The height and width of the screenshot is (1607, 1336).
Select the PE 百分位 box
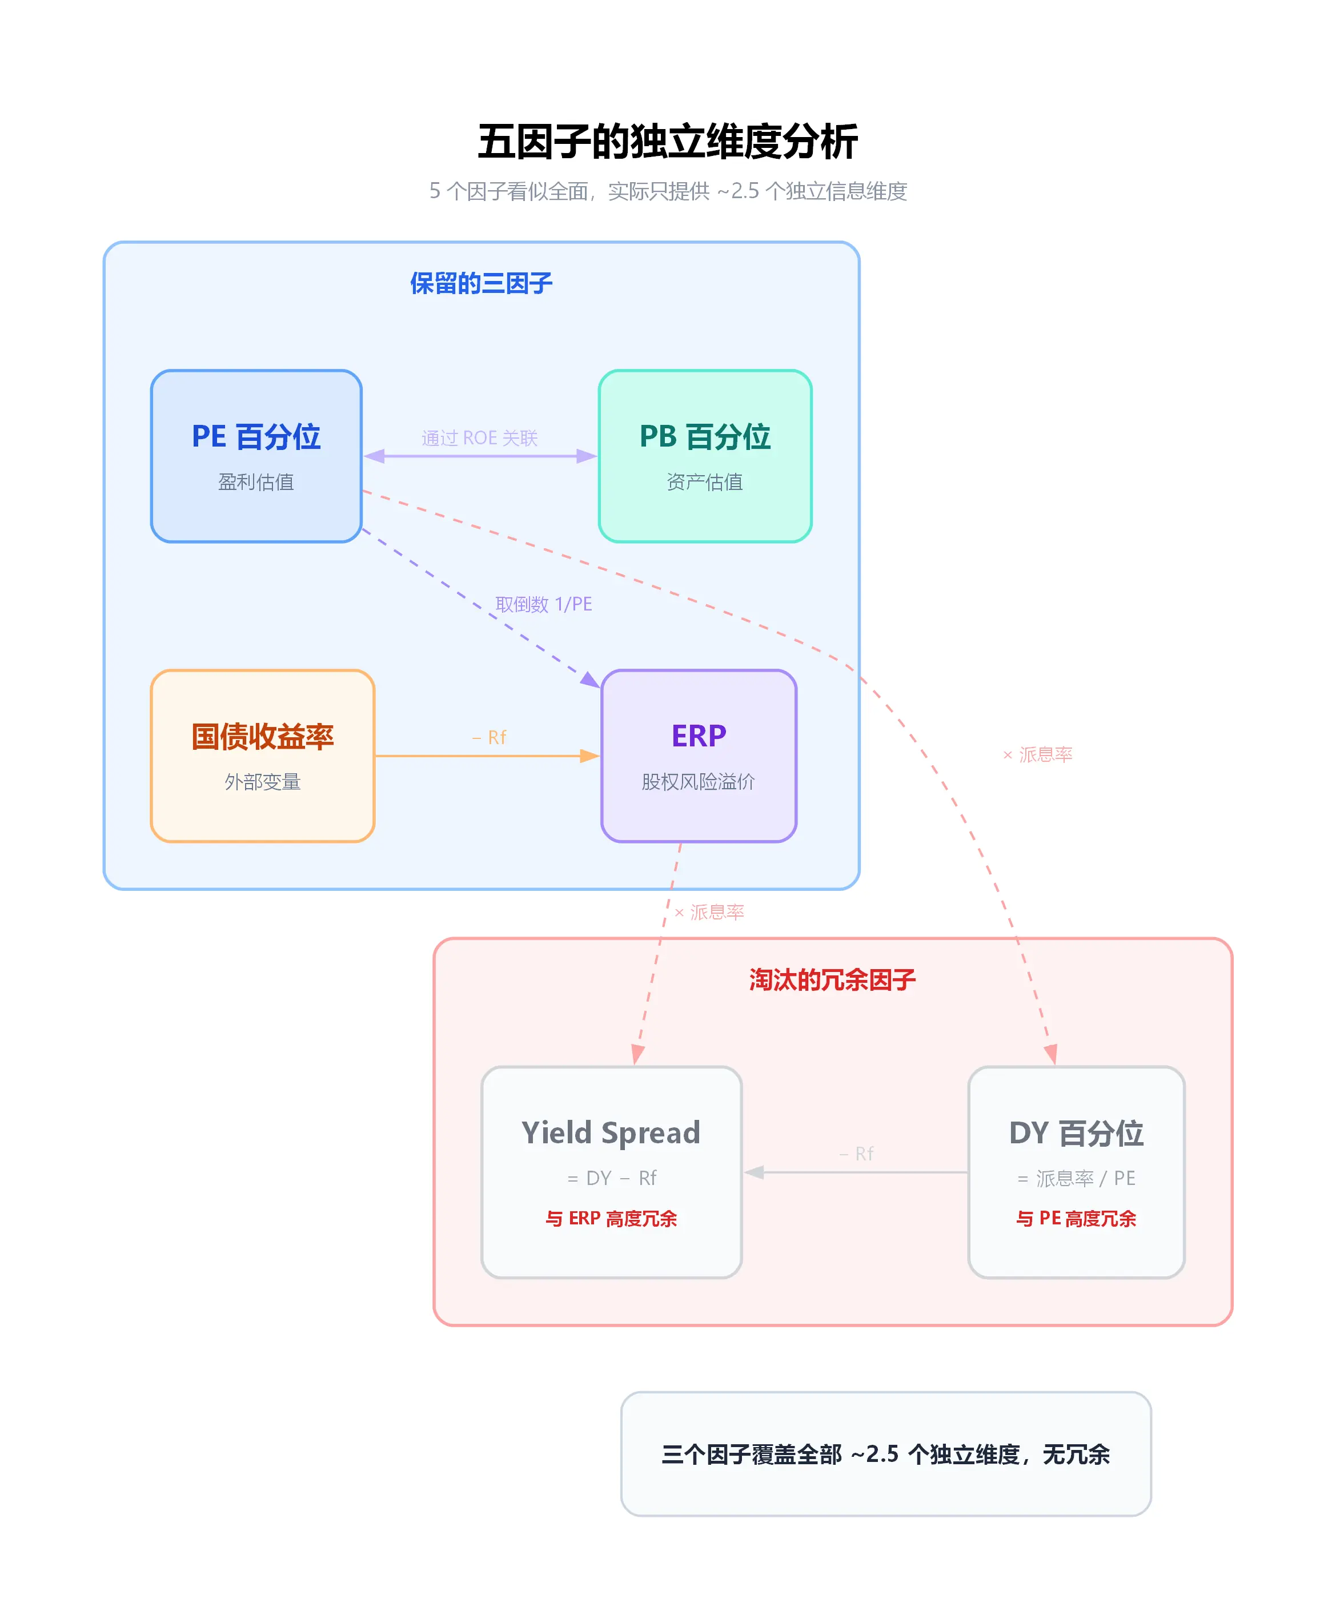point(256,456)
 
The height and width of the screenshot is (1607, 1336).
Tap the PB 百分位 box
point(705,456)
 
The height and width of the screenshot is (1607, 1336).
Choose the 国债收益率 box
point(262,756)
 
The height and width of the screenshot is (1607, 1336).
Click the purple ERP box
point(699,756)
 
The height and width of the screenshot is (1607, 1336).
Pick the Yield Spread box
point(611,1172)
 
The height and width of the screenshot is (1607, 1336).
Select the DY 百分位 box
point(1076,1172)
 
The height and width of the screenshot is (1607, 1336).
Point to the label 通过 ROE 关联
point(480,437)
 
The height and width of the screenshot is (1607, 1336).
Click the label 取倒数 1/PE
point(543,605)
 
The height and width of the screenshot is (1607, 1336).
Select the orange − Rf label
point(489,738)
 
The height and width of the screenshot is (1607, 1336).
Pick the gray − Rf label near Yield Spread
point(856,1154)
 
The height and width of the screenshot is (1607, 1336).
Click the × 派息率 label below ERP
point(709,912)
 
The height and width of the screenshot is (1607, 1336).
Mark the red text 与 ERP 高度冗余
point(611,1218)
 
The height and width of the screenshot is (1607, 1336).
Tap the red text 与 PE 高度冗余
point(1076,1218)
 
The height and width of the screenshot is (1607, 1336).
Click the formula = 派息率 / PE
point(1076,1179)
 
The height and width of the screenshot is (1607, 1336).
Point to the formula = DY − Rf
point(611,1179)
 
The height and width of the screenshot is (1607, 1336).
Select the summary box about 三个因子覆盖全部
point(886,1454)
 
